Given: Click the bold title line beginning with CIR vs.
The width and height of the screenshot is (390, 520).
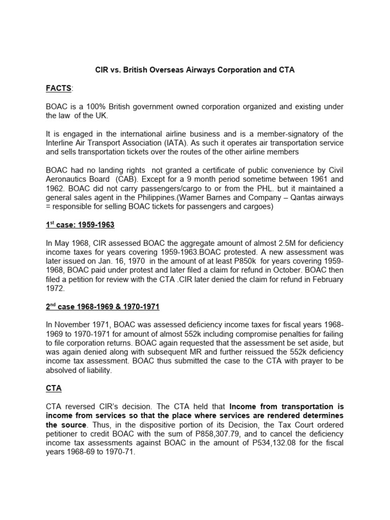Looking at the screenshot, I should click(x=195, y=70).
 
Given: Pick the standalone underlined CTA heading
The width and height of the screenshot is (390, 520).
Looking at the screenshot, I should click(x=53, y=388).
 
